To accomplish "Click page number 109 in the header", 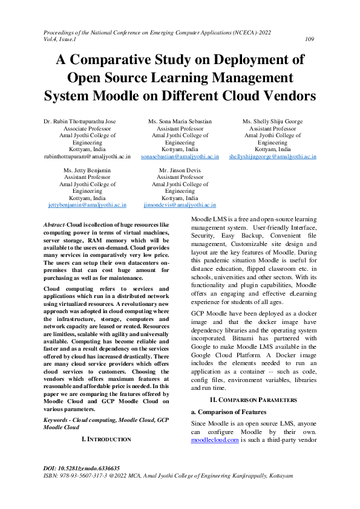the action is [309, 39].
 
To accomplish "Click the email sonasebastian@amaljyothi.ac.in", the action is [180, 156].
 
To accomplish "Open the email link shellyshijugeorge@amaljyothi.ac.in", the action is [272, 156].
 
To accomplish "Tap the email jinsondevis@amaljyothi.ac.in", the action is [180, 205].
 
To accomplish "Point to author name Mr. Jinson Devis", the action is [180, 170].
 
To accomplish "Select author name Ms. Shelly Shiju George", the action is [272, 122].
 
